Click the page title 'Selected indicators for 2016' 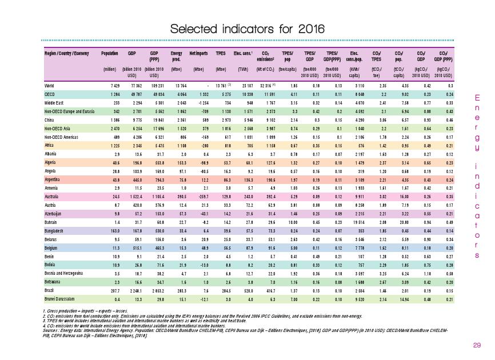247,29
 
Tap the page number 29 477,345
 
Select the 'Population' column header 110,53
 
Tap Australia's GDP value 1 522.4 133,195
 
